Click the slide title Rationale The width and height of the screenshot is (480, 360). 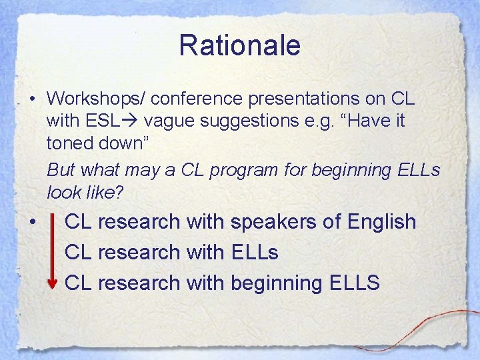239,46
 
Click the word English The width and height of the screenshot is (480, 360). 382,222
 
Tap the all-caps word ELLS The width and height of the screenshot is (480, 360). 354,283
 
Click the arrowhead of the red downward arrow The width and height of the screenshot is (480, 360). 53,285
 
